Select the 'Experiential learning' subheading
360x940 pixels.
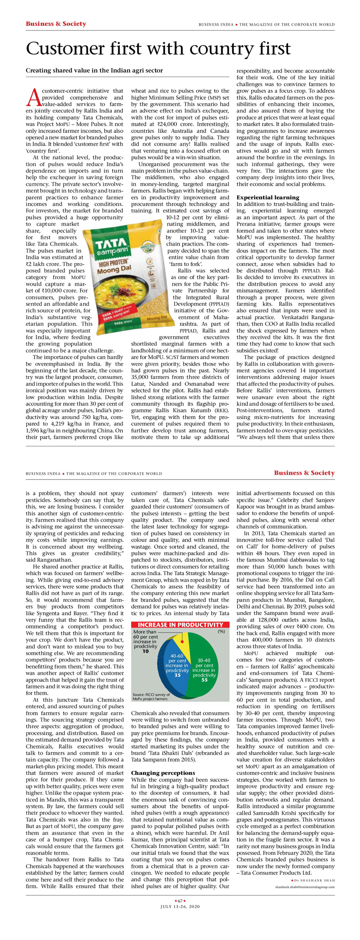click(x=268, y=197)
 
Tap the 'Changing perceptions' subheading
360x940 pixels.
click(x=163, y=772)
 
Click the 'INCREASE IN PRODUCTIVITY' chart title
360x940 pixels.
click(x=180, y=625)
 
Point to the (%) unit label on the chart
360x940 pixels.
click(x=221, y=631)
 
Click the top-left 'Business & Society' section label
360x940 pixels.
click(x=56, y=24)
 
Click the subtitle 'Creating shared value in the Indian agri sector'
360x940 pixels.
click(x=94, y=70)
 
